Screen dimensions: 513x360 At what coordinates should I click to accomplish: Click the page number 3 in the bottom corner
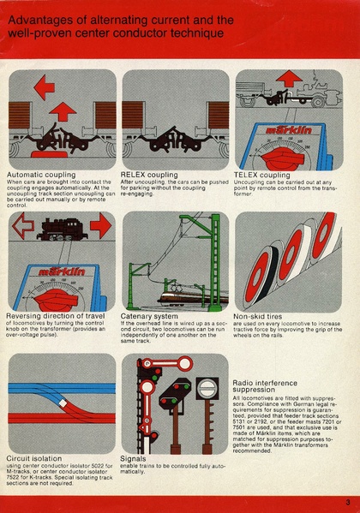pyautogui.click(x=348, y=502)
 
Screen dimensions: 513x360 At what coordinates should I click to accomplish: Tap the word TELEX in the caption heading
pyautogui.click(x=250, y=175)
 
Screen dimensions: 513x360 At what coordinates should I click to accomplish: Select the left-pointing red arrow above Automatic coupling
pyautogui.click(x=43, y=86)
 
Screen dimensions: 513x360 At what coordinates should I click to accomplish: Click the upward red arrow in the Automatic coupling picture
pyautogui.click(x=62, y=111)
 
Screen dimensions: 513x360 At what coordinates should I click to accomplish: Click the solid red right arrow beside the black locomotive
pyautogui.click(x=100, y=228)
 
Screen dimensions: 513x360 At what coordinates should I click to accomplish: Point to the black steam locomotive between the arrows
pyautogui.click(x=61, y=228)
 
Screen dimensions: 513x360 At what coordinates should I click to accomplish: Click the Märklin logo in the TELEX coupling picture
pyautogui.click(x=285, y=134)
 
